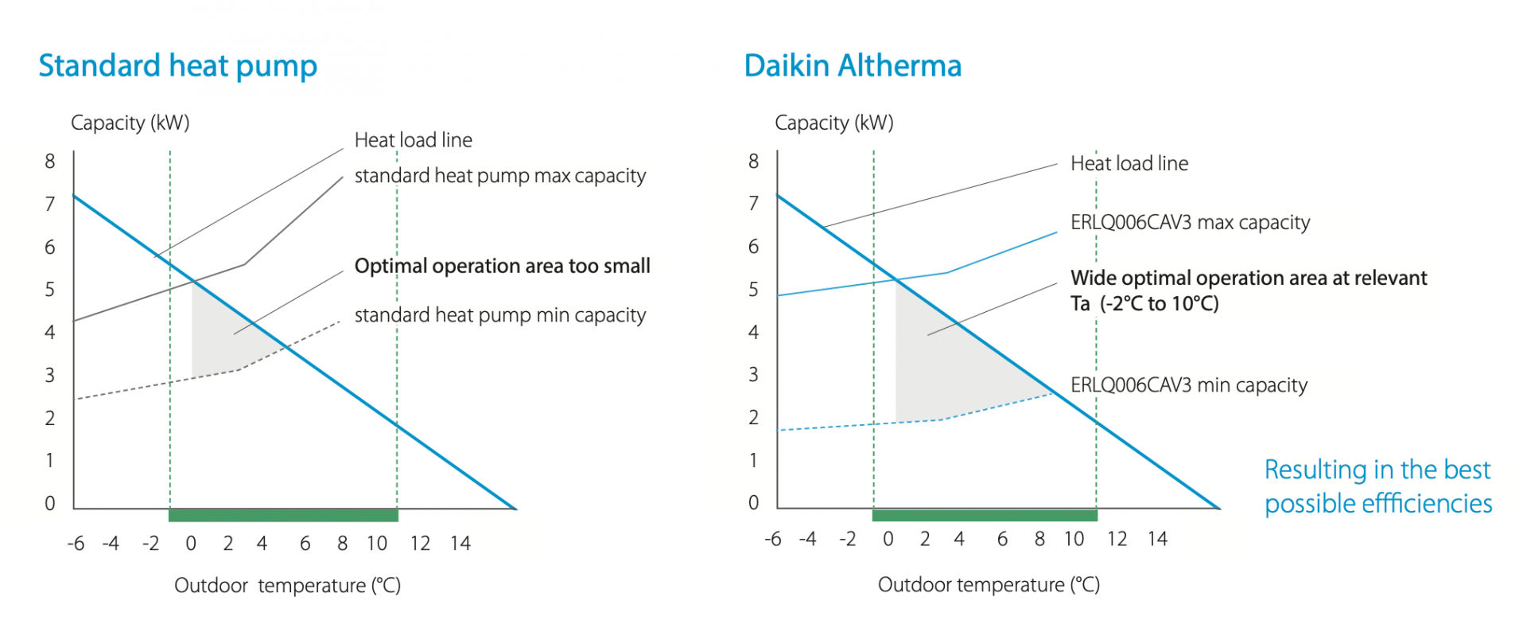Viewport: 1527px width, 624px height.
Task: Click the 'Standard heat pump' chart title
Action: coord(177,66)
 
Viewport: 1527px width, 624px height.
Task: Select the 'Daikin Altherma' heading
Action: coord(853,66)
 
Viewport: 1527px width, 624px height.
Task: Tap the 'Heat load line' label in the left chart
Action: coord(413,141)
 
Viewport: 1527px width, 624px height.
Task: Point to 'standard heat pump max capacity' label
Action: coord(499,176)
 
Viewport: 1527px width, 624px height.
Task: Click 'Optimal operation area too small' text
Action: coord(502,266)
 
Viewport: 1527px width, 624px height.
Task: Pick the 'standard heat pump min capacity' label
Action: coord(499,316)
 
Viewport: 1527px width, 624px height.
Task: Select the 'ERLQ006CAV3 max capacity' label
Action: coord(1190,223)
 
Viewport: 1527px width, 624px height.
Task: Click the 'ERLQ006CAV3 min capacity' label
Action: coord(1188,386)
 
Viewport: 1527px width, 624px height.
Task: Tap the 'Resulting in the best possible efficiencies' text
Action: coord(1377,486)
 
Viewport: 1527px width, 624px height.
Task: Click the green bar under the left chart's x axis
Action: coord(283,516)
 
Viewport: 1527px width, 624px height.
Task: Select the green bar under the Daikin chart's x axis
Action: coord(985,516)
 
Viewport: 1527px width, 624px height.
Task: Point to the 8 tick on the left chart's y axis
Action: coord(50,162)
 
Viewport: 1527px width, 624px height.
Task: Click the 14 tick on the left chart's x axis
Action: coord(460,544)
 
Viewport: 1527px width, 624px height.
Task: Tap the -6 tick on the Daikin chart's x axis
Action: coord(772,540)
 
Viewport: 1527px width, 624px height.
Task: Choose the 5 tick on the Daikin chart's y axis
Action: coord(753,290)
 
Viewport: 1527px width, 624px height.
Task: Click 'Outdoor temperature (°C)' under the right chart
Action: coord(989,585)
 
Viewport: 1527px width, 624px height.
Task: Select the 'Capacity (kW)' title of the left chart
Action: coord(130,123)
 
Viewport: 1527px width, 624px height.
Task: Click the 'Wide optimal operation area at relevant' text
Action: coord(1249,279)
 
